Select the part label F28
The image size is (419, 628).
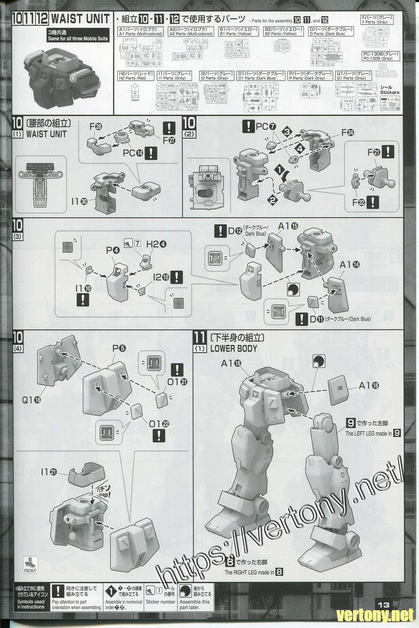tap(96, 127)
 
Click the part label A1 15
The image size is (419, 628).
tap(288, 226)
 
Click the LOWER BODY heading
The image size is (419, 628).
tap(234, 348)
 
